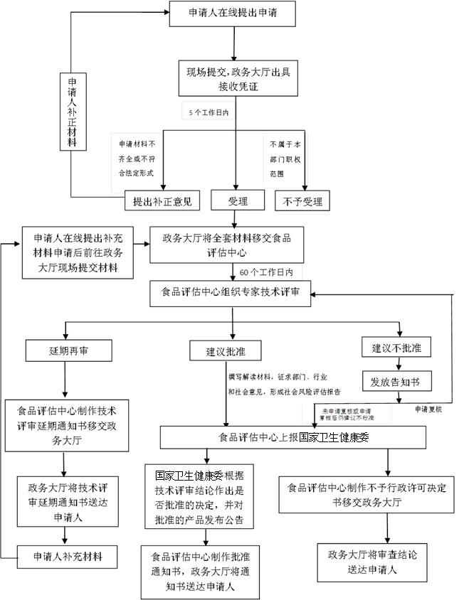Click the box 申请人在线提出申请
click(x=232, y=14)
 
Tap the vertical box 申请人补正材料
click(x=72, y=112)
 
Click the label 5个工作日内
click(x=209, y=113)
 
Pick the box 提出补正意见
click(x=162, y=201)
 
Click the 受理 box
click(x=238, y=201)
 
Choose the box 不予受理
click(x=302, y=201)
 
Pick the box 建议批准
click(x=225, y=350)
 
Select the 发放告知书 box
click(x=396, y=382)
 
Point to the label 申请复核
click(x=428, y=409)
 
